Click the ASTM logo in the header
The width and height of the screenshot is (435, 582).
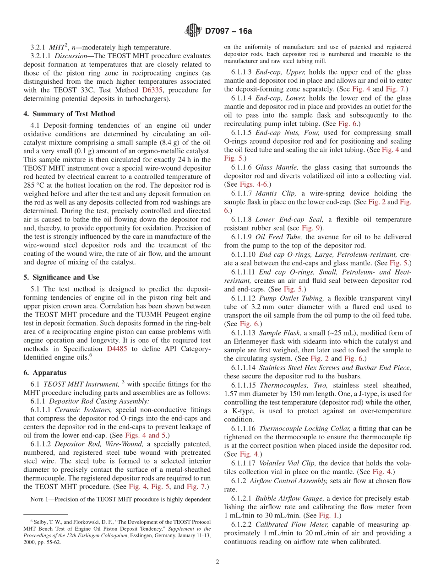pos(193,31)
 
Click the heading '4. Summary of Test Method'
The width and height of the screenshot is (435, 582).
pos(70,114)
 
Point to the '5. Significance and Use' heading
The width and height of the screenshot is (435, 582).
pos(61,277)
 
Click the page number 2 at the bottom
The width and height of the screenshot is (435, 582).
pos(217,562)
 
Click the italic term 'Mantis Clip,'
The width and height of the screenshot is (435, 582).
pos(276,193)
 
